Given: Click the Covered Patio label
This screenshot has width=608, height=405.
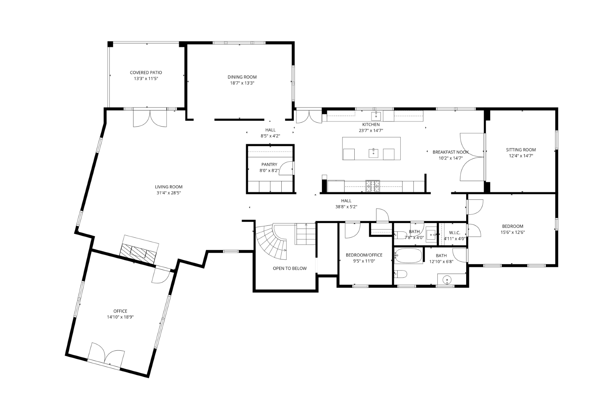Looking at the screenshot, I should coord(146,73).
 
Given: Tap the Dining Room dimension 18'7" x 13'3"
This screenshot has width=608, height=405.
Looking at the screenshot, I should coord(242,83).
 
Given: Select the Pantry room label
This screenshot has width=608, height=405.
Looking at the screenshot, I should coord(269,165).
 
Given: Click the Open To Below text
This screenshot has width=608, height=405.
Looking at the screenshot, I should coord(289,269).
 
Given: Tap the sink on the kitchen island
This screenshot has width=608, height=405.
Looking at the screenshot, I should coord(373,153).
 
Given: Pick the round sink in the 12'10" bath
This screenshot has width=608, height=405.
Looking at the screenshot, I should coord(447,280).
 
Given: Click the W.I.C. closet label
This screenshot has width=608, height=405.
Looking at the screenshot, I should coord(454,233).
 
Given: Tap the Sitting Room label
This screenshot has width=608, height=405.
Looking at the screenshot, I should coord(521,150).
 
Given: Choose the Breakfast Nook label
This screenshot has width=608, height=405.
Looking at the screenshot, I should coord(451,152).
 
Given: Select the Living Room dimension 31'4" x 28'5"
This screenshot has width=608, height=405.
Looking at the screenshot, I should coord(169,193).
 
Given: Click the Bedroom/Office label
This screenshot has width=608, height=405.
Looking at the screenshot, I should coord(364,255).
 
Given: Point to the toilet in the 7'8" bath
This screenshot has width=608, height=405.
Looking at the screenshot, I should coord(401,235).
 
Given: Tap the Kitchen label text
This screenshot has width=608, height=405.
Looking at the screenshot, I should coord(371,125).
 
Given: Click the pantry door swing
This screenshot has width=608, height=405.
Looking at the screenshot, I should coord(286,168).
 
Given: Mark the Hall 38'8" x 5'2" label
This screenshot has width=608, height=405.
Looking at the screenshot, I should coord(346,201).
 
